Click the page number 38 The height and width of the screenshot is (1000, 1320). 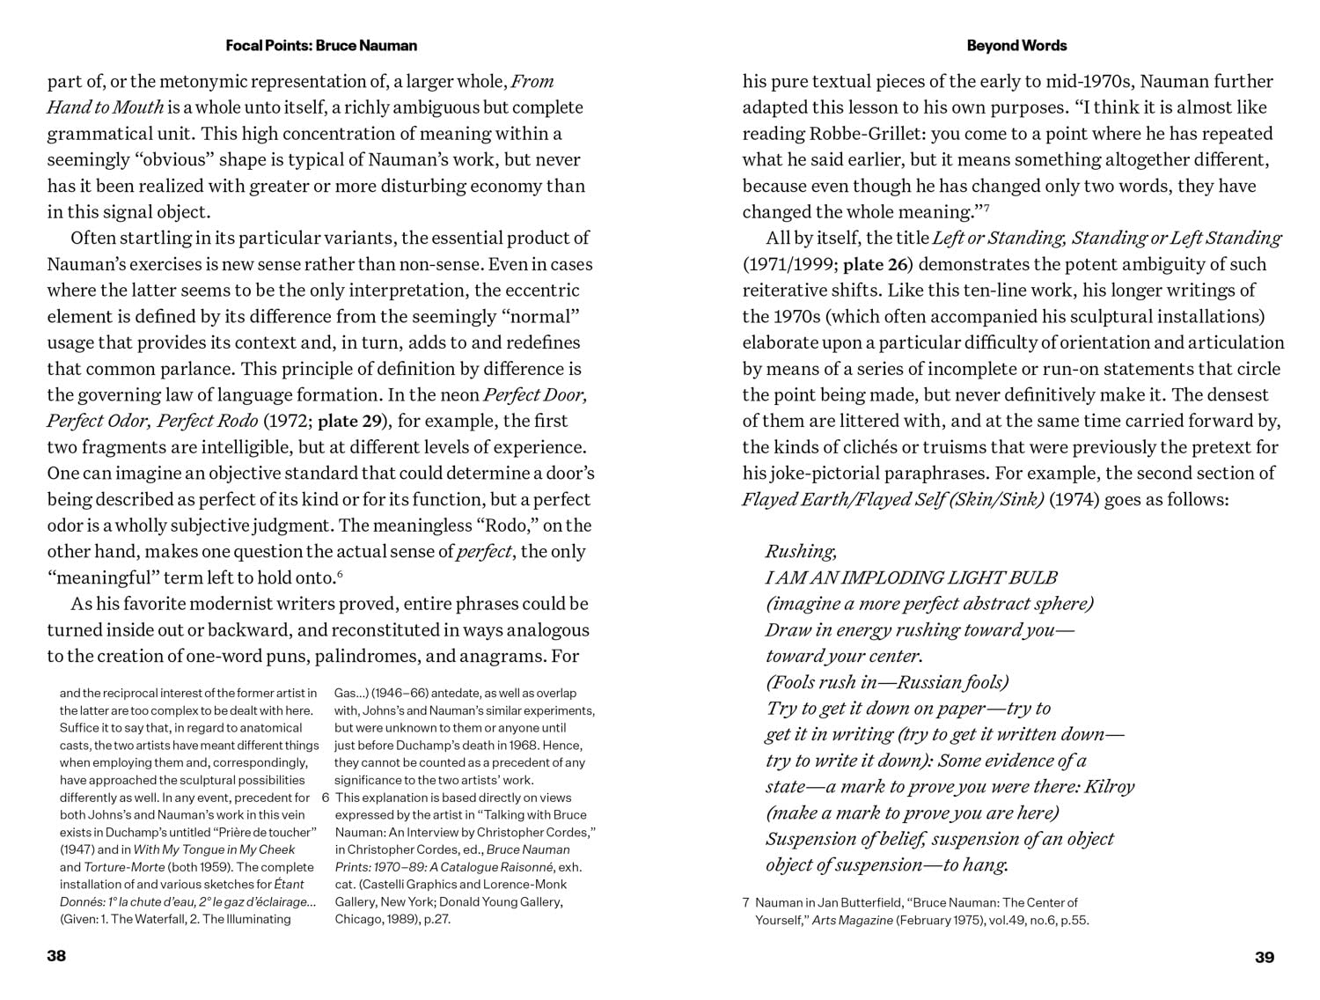56,957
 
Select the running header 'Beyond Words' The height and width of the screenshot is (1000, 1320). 1016,46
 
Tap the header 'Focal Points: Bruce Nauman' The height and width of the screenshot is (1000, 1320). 321,46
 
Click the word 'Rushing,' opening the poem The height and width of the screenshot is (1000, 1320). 801,552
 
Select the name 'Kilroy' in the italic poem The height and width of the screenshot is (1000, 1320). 1108,787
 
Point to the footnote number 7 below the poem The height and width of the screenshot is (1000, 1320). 746,902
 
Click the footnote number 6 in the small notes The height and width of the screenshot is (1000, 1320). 326,798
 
